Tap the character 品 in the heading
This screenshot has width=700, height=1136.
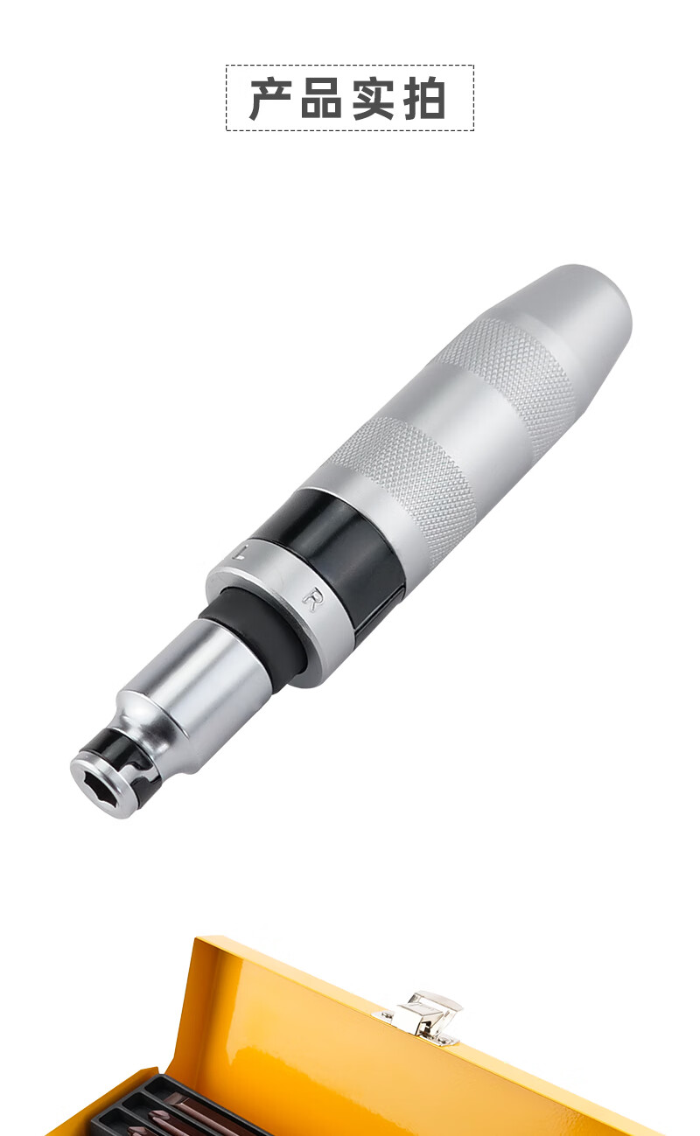click(x=322, y=99)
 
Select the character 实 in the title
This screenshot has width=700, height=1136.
click(x=374, y=99)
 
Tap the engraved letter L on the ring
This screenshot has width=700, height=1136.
click(x=239, y=550)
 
